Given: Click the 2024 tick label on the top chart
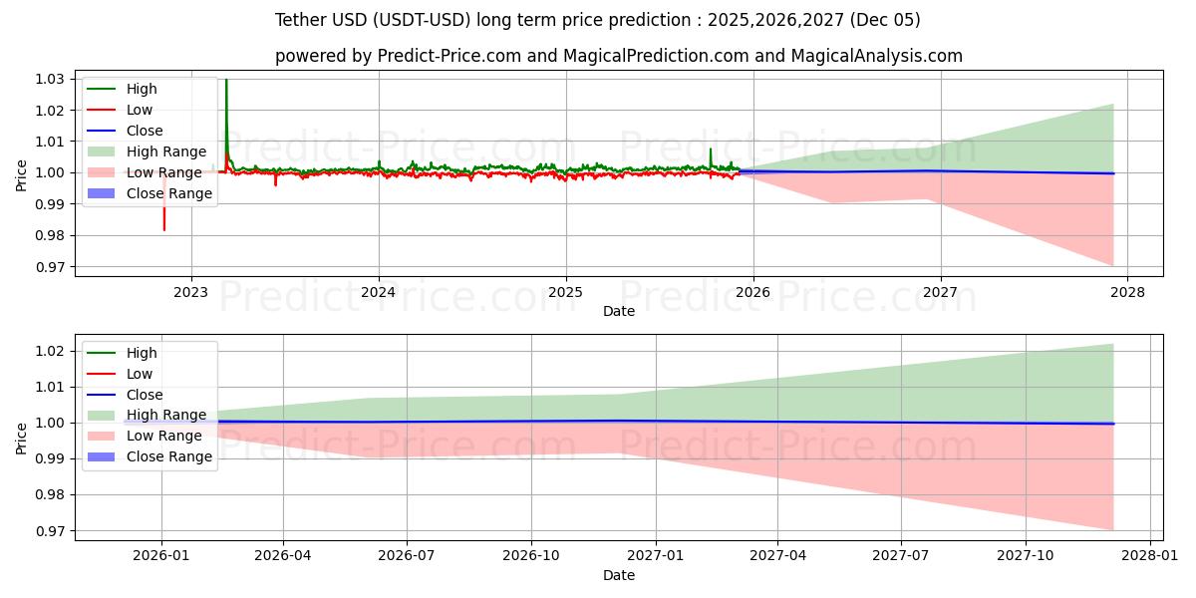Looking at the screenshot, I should pyautogui.click(x=378, y=292).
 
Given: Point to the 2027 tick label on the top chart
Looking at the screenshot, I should pyautogui.click(x=940, y=292).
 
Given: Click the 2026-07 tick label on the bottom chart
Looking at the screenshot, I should pyautogui.click(x=407, y=555).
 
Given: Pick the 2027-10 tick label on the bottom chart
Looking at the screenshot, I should pyautogui.click(x=1026, y=555).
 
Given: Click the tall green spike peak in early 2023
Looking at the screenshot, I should pyautogui.click(x=226, y=81).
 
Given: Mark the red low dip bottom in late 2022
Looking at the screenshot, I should pyautogui.click(x=164, y=229).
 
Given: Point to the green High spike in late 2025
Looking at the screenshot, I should pyautogui.click(x=711, y=149).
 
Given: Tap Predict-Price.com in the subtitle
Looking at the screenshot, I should pyautogui.click(x=449, y=56).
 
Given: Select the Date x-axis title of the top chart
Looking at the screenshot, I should pyautogui.click(x=619, y=312).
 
